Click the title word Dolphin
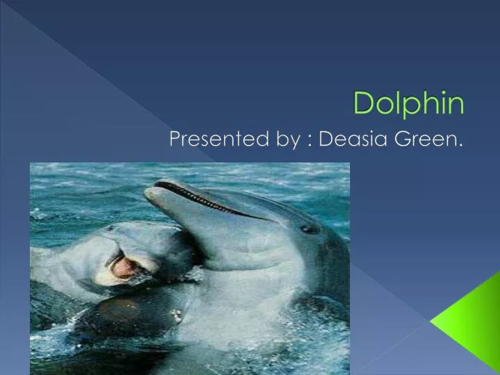[408, 103]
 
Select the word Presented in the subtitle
[217, 140]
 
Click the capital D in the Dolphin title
[362, 103]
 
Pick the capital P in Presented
[176, 140]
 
